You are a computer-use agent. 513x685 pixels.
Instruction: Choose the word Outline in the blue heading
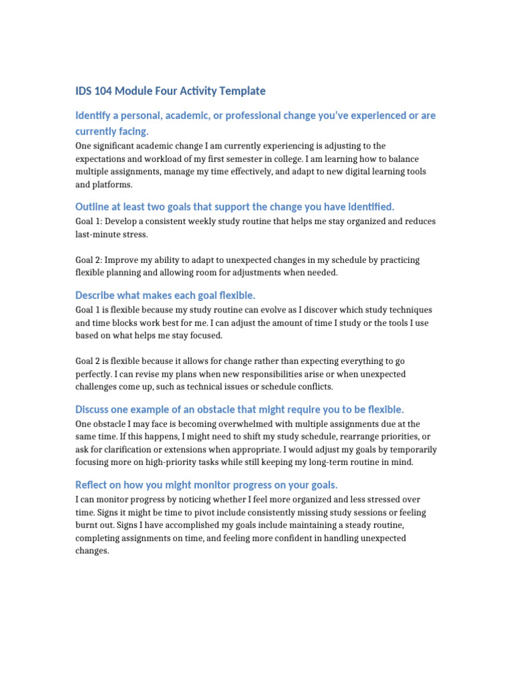94,207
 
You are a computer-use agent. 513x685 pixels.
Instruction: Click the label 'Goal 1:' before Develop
90,221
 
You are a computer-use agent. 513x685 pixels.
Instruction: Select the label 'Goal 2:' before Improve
90,260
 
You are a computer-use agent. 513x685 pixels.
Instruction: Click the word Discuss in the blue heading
96,409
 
